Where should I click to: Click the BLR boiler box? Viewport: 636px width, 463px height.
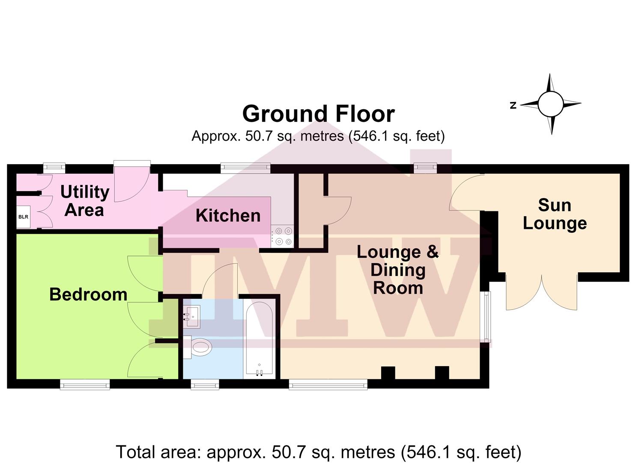(x=23, y=216)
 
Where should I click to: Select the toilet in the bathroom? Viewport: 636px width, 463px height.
(x=197, y=347)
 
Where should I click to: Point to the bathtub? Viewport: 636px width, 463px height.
(x=259, y=338)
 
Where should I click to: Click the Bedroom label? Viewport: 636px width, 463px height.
(x=88, y=295)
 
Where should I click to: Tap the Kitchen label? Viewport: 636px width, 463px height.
(x=228, y=216)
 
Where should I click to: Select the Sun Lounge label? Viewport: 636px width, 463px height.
(x=555, y=214)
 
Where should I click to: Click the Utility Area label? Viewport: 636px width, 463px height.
(x=85, y=201)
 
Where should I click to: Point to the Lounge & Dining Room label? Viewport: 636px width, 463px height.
(x=397, y=270)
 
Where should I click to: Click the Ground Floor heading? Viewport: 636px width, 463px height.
(x=319, y=114)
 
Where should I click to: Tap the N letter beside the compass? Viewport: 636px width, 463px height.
(x=513, y=105)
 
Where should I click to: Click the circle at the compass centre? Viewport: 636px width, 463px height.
(x=550, y=104)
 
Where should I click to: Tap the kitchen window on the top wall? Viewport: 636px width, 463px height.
(x=245, y=167)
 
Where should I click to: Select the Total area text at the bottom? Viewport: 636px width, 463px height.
(x=318, y=452)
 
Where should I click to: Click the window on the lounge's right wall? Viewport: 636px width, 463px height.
(x=487, y=317)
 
